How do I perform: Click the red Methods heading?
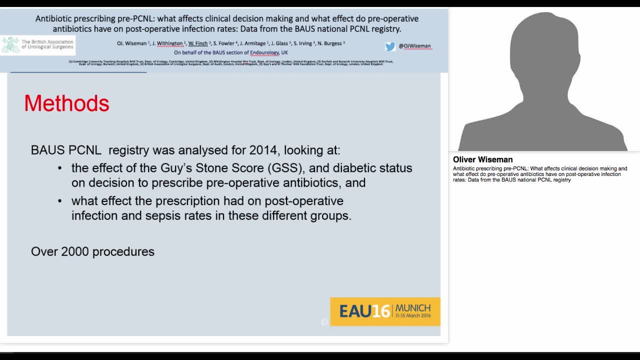(66, 103)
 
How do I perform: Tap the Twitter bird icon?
(390, 46)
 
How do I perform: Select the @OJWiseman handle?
(414, 46)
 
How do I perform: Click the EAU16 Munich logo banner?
(385, 311)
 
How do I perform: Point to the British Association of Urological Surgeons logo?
(38, 45)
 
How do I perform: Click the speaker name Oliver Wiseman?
(482, 160)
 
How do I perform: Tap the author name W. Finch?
(198, 43)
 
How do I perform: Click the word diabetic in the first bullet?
(356, 168)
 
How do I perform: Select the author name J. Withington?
(167, 43)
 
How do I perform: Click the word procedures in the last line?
(123, 251)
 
